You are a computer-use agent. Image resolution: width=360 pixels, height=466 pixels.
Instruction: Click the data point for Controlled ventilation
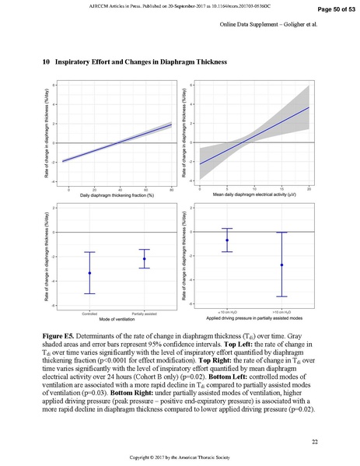coord(90,273)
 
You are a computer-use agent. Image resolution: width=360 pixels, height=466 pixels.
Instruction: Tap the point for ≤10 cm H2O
coord(227,240)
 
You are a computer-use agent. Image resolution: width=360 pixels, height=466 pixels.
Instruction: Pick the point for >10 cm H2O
coord(281,265)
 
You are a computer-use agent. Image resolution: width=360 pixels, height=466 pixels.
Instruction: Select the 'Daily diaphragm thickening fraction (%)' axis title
coord(117,197)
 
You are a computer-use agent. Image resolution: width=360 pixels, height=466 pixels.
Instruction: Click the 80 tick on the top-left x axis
coord(171,189)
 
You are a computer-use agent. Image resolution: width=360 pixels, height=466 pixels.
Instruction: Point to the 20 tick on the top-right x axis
coord(309,189)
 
